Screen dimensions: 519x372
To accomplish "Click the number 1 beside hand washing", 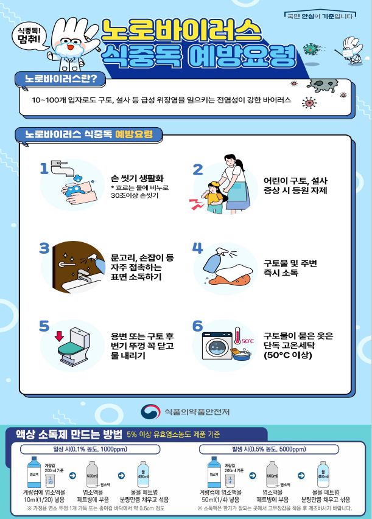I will click(44, 169).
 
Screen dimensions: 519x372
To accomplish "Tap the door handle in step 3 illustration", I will click(68, 266).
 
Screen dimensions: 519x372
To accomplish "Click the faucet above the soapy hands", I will click(61, 165).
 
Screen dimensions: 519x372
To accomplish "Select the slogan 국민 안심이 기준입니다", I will click(319, 15).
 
